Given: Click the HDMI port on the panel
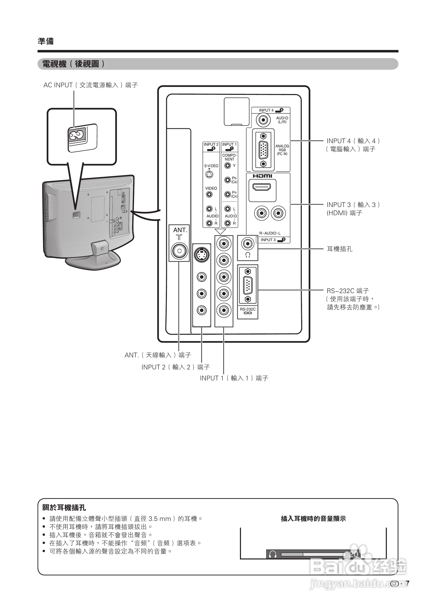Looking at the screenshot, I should coord(262,188).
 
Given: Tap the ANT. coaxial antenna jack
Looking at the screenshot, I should coord(179,251).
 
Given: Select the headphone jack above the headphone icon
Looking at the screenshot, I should coord(248,244).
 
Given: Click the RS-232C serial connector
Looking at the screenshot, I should coord(248,285).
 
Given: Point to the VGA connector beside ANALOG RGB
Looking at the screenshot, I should coord(263,150).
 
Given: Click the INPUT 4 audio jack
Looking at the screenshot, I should coord(263,120).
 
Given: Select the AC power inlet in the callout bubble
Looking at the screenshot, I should coord(77,135).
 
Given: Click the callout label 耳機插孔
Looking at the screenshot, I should coord(339,249).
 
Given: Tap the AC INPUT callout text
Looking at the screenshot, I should coord(91,85).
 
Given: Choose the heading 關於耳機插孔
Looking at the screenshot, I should coord(64,508).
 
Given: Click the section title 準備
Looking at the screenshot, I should coord(45,41).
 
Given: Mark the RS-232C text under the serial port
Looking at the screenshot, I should coord(248,309).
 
